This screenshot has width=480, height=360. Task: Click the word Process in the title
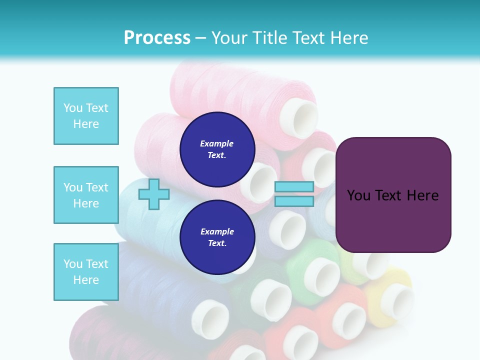157,37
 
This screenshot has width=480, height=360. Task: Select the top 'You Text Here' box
86,116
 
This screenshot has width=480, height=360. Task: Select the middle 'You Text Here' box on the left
86,195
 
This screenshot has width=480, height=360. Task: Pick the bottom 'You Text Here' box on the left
86,272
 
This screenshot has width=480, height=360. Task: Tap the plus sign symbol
153,194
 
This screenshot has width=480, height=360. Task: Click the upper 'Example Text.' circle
217,149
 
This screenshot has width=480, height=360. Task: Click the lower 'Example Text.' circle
217,237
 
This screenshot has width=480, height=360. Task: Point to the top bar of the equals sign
294,187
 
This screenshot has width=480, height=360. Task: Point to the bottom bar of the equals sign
294,201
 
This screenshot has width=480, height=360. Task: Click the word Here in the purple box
422,195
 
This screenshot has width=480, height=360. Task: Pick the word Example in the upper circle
217,143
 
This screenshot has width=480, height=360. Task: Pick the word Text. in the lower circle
217,243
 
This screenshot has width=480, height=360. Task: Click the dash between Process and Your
200,38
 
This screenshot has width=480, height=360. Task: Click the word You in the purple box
358,195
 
